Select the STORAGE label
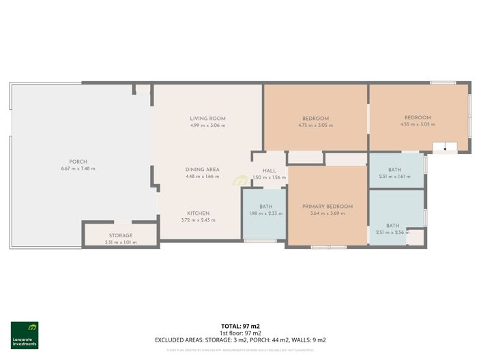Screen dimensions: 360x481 (121, 235)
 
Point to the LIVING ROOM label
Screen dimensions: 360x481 (207, 119)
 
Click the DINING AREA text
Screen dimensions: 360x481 (202, 169)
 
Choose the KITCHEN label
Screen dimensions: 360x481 (198, 213)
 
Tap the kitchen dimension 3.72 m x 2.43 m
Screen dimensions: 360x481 (198, 220)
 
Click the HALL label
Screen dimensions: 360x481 (269, 170)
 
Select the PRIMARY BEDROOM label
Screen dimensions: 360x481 (327, 207)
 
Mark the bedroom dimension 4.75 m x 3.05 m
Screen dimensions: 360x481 (315, 125)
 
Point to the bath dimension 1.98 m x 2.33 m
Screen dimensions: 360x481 (265, 213)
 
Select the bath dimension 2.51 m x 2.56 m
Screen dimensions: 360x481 (392, 232)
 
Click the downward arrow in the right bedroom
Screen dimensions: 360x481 (445, 147)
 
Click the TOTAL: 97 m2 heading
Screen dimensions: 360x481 (240, 327)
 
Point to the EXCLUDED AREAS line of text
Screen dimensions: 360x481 (240, 339)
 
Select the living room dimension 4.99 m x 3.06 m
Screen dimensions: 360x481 (207, 125)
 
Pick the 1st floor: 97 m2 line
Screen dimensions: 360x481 (240, 333)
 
